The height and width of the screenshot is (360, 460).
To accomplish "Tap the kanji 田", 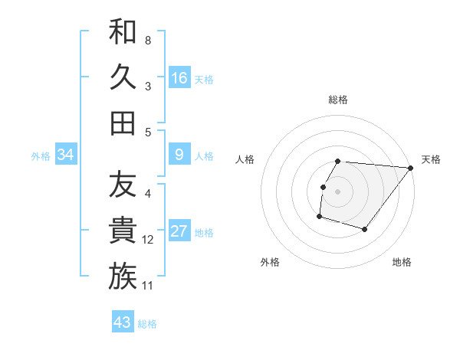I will [123, 123].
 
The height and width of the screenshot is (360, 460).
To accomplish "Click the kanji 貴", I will [123, 230].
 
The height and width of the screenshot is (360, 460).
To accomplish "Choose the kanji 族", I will [123, 276].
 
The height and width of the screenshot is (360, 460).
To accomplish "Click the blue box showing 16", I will [179, 77].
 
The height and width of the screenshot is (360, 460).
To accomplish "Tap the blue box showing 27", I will [179, 231].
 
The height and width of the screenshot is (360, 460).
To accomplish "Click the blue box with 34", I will [66, 155].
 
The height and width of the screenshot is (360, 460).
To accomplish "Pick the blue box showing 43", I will [123, 322].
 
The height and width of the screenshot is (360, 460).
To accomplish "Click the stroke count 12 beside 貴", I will [148, 240].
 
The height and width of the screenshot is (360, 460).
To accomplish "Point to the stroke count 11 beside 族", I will [148, 286].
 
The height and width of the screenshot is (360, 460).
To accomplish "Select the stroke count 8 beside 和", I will [148, 40].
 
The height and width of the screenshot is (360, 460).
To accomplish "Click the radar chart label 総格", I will [338, 100].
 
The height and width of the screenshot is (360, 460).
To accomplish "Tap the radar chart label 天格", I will [431, 159].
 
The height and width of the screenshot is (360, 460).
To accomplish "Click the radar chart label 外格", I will [270, 263].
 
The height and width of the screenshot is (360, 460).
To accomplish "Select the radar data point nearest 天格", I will [411, 169].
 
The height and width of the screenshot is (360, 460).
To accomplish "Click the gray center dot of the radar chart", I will [337, 191].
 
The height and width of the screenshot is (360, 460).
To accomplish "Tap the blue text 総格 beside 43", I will [147, 324].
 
